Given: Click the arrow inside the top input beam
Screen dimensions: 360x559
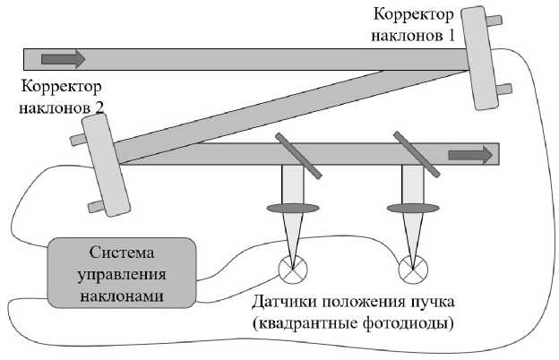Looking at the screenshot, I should (x=63, y=60).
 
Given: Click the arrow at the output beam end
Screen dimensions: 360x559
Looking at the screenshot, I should (x=470, y=154).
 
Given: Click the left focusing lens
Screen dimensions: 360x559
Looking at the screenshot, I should (x=293, y=209).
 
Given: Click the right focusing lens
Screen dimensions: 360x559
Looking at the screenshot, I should (x=412, y=209).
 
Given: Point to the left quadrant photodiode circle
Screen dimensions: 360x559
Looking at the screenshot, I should (x=292, y=267).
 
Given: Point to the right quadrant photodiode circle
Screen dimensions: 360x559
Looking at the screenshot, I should (x=413, y=267).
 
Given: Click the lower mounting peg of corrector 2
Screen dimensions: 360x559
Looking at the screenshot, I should (x=96, y=208).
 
